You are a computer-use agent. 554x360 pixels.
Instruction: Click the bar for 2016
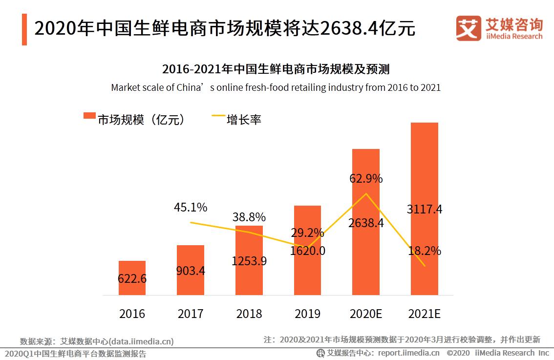(x=132, y=278)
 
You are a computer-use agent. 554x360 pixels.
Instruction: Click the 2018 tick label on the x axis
(x=249, y=314)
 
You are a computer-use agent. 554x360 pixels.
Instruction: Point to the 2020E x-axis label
(x=366, y=314)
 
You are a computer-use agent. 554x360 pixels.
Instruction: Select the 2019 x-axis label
(x=307, y=314)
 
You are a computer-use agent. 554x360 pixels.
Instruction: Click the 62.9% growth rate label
(x=366, y=179)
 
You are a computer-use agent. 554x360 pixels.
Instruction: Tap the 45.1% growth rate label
(x=191, y=208)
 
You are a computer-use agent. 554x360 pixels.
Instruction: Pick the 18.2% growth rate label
(x=425, y=251)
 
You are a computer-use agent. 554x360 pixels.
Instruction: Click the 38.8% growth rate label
(x=249, y=217)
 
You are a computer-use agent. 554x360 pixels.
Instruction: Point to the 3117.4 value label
(x=425, y=210)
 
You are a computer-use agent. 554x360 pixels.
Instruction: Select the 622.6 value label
(x=132, y=279)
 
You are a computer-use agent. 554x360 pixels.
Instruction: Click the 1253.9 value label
(x=249, y=261)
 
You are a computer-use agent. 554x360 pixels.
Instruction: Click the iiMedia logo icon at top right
(x=468, y=29)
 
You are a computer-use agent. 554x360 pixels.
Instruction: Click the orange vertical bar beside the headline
(x=24, y=29)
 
